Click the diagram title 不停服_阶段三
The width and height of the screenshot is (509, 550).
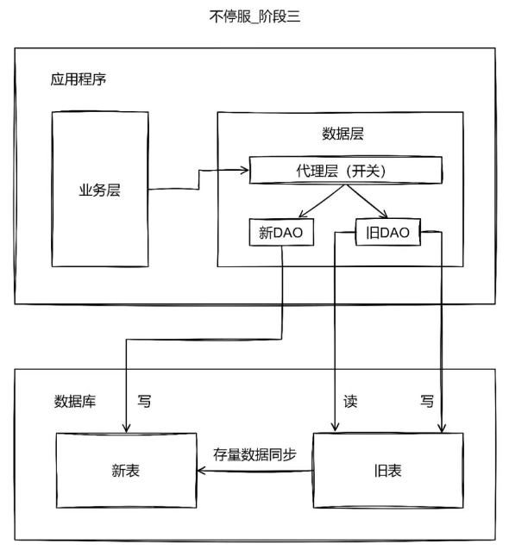[255, 16]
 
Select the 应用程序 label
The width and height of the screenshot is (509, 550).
[78, 79]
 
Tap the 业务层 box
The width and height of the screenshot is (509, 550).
[100, 190]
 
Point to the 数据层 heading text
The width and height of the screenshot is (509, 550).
[342, 134]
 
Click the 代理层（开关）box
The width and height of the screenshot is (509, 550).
[345, 171]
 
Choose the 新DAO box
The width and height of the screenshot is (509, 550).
[281, 232]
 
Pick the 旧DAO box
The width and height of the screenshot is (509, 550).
[388, 232]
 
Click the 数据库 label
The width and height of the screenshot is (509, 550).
[75, 401]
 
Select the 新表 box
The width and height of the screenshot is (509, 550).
[126, 471]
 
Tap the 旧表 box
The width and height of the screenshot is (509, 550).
[388, 471]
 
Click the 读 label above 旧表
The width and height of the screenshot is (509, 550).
[350, 401]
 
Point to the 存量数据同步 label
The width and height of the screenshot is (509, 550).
[255, 455]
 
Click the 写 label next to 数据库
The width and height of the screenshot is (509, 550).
[144, 401]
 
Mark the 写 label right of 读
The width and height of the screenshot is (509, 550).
[427, 401]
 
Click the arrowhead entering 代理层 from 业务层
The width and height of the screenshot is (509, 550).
[245, 171]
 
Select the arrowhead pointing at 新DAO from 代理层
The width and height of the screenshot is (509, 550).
[302, 215]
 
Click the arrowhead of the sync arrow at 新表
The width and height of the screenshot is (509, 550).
[202, 471]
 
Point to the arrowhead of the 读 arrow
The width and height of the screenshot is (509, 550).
[335, 428]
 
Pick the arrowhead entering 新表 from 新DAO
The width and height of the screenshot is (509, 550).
[126, 428]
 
